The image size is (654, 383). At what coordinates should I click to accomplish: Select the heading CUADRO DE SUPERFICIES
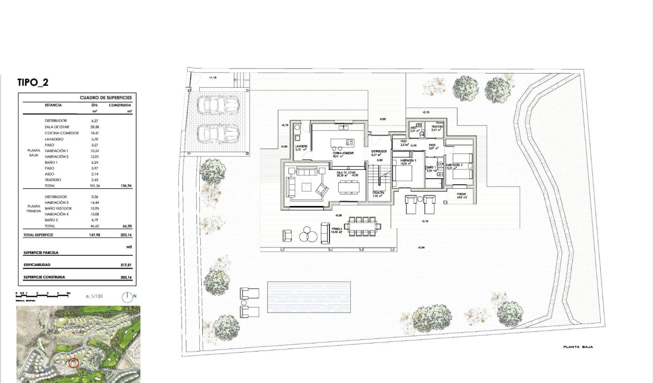pyautogui.click(x=105, y=97)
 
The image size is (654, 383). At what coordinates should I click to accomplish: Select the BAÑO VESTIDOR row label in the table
pyautogui.click(x=58, y=208)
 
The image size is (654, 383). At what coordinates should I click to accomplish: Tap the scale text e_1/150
pyautogui.click(x=94, y=296)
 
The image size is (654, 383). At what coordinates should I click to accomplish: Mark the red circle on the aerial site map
pyautogui.click(x=74, y=363)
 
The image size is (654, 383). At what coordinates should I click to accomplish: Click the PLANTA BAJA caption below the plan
pyautogui.click(x=578, y=347)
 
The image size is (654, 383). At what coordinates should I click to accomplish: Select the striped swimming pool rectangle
pyautogui.click(x=309, y=297)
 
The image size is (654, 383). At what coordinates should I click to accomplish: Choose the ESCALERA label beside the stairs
pyautogui.click(x=378, y=193)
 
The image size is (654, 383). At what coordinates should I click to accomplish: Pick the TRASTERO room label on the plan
pyautogui.click(x=437, y=127)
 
